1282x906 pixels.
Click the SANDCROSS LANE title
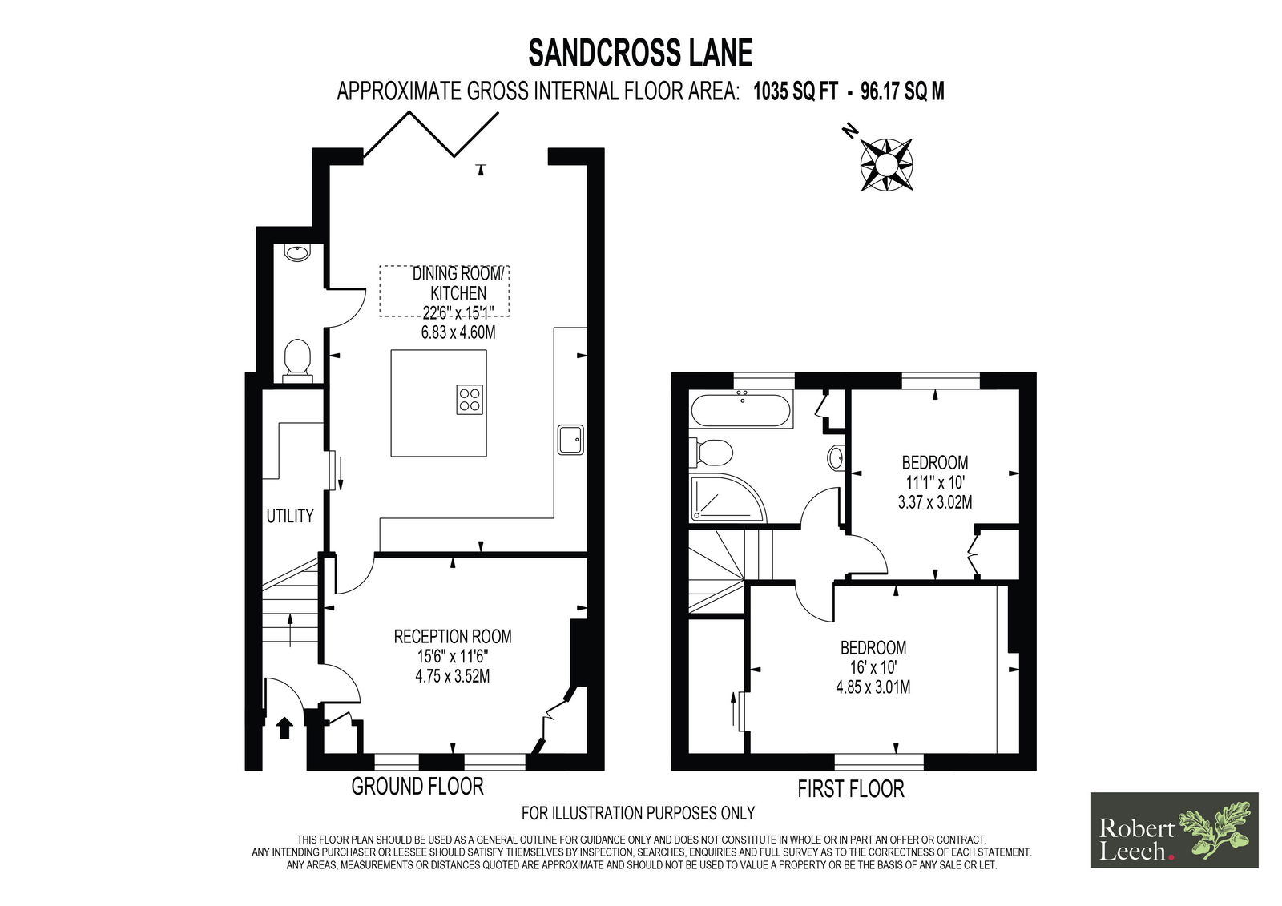pyautogui.click(x=640, y=53)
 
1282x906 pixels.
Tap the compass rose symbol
pyautogui.click(x=886, y=165)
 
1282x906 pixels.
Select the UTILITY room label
pyautogui.click(x=290, y=516)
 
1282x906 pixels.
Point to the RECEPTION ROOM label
pyautogui.click(x=453, y=636)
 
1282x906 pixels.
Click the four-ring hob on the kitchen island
pyautogui.click(x=470, y=399)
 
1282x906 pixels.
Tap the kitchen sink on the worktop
pyautogui.click(x=570, y=440)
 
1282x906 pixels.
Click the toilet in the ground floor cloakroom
pyautogui.click(x=297, y=360)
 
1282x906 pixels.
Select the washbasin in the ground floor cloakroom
pyautogui.click(x=297, y=252)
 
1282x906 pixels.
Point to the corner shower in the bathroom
pyautogui.click(x=727, y=498)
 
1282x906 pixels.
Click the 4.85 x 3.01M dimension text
pyautogui.click(x=873, y=687)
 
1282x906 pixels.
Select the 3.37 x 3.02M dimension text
pyautogui.click(x=934, y=502)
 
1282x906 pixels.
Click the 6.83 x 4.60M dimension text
pyautogui.click(x=458, y=332)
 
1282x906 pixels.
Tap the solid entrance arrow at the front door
pyautogui.click(x=284, y=729)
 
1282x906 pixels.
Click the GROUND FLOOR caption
pyautogui.click(x=417, y=787)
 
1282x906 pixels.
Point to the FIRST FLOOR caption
pyautogui.click(x=851, y=789)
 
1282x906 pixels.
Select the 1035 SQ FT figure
pyautogui.click(x=796, y=91)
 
